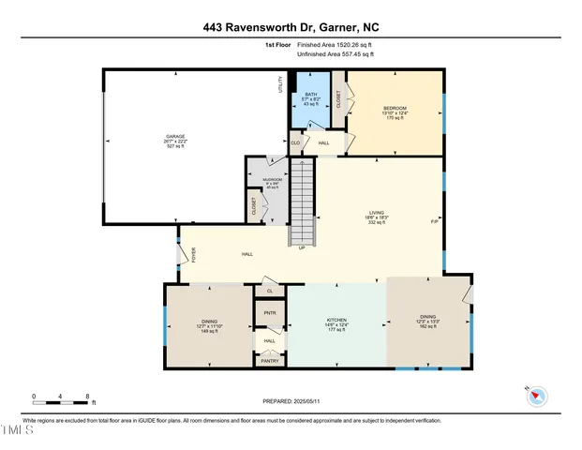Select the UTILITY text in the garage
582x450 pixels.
click(x=280, y=84)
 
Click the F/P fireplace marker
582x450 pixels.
click(x=434, y=222)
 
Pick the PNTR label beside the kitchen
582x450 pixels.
click(x=270, y=312)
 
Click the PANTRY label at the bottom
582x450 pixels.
click(x=270, y=361)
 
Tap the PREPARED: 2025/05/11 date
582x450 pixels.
click(x=291, y=401)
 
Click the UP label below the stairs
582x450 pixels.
click(x=301, y=248)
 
